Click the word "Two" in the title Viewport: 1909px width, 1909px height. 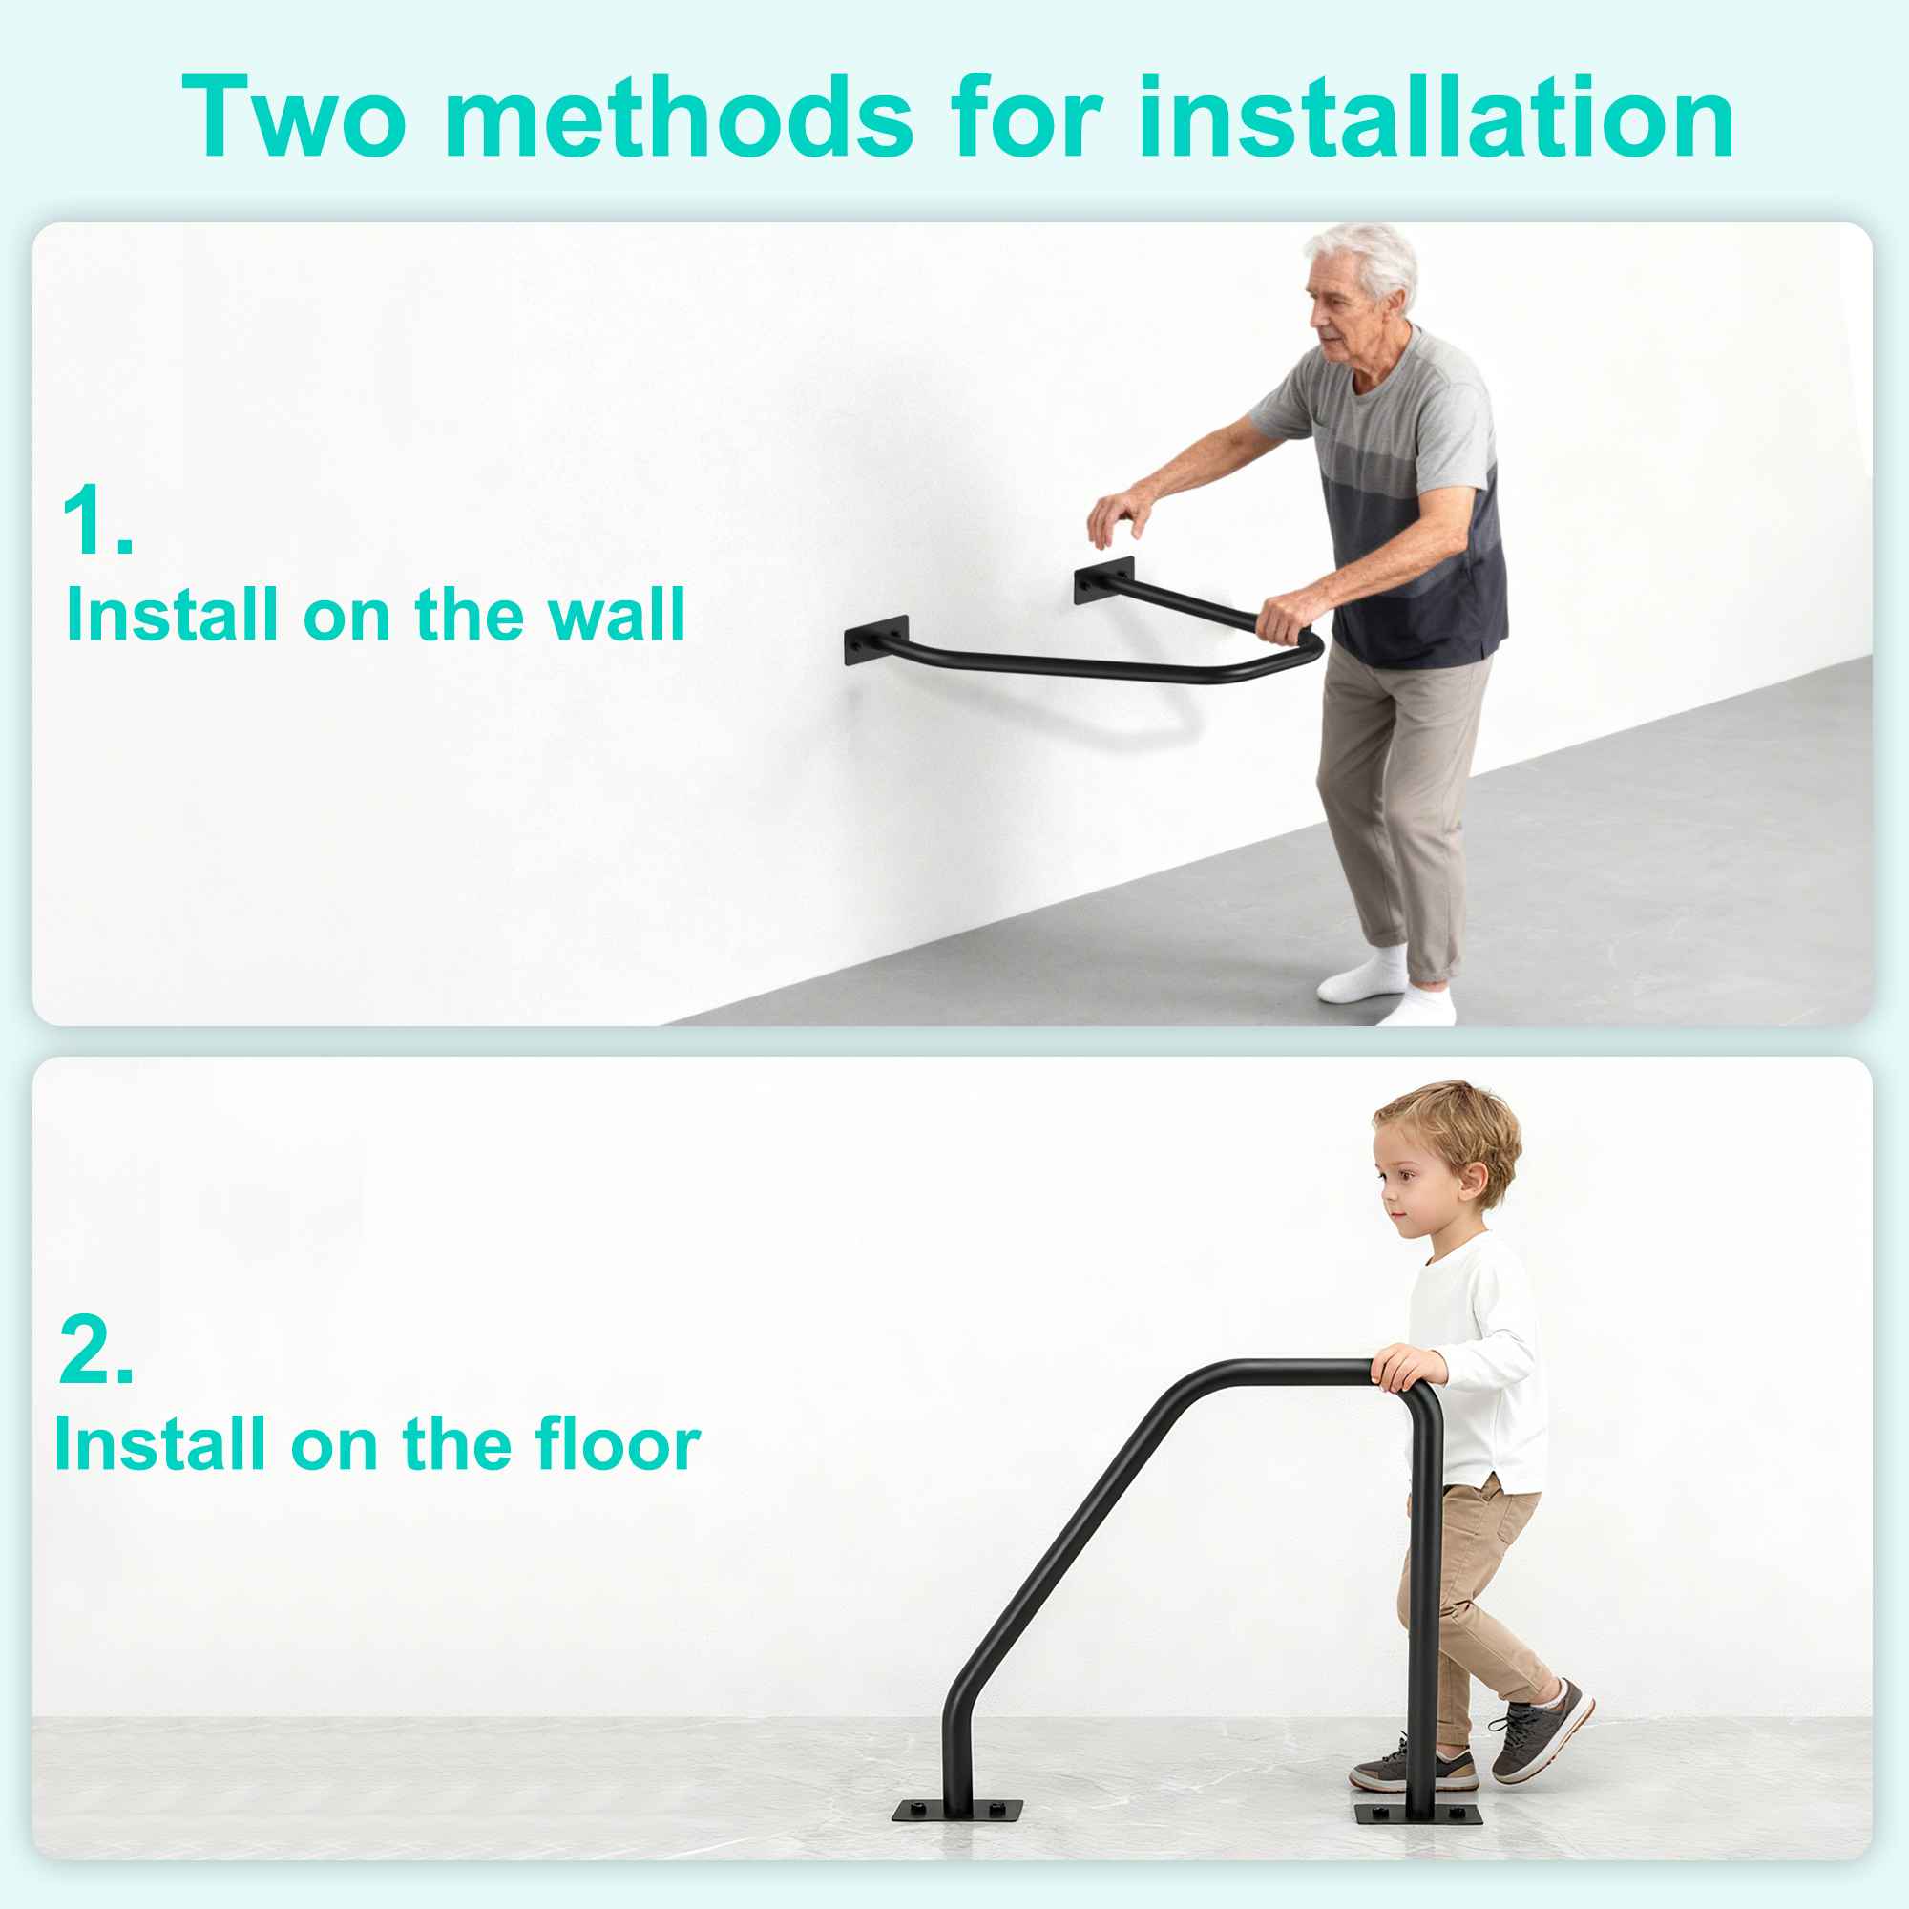pos(293,116)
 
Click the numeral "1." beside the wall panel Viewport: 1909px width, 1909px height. pos(96,520)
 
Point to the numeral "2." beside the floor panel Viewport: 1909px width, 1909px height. pos(95,1350)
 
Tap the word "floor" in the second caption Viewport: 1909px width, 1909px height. pos(618,1444)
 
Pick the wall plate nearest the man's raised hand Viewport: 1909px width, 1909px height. pos(1104,581)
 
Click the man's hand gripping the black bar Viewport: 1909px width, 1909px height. pos(1286,619)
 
